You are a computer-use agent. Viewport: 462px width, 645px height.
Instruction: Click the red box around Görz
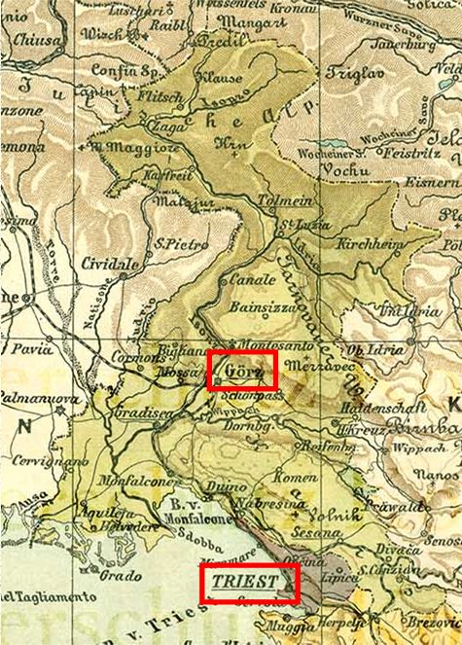coord(243,370)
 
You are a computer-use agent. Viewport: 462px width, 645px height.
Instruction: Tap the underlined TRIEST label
coord(247,583)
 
